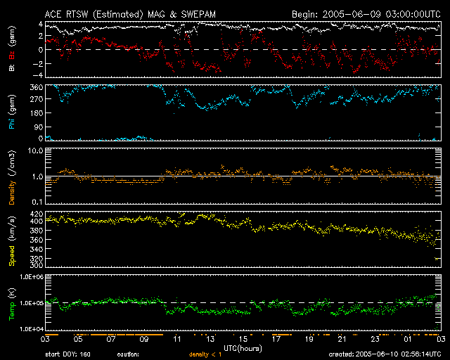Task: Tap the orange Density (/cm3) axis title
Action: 12,176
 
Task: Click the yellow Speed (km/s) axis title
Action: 12,240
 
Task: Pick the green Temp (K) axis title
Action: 12,302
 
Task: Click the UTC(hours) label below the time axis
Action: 243,347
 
